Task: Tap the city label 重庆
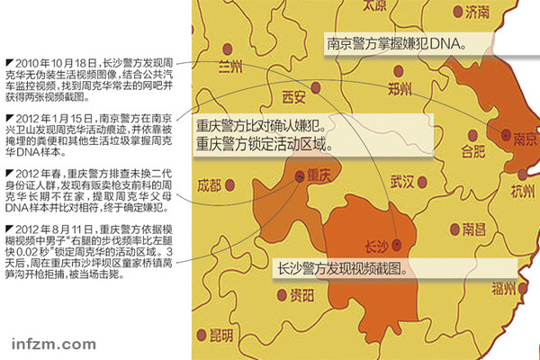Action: point(319,172)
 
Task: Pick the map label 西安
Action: point(295,95)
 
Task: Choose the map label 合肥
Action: point(473,148)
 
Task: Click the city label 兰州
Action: point(231,67)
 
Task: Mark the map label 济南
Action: point(478,12)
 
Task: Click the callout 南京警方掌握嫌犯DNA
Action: point(397,42)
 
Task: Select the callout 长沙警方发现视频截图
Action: point(346,268)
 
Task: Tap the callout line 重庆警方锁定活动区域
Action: point(262,142)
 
